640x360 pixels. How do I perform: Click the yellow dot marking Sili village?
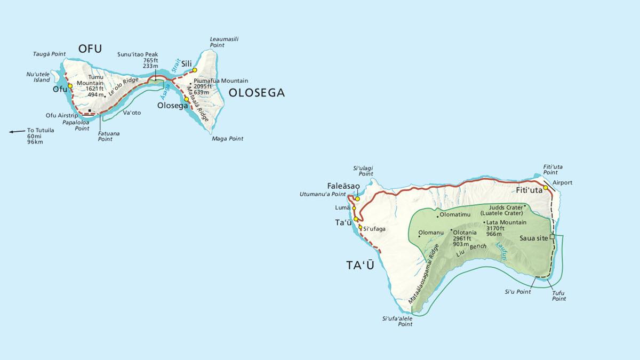[195, 70]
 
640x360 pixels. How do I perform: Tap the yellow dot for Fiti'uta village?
[546, 187]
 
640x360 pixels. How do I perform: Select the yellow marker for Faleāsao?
[357, 199]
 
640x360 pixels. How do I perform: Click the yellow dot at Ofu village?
[70, 85]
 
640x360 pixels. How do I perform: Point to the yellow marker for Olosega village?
[186, 99]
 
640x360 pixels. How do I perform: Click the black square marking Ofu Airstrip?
[90, 111]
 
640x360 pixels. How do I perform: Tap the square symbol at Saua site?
[552, 237]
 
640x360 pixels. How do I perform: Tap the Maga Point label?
[227, 139]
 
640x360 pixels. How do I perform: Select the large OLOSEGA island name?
[257, 93]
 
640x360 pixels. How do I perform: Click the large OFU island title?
[90, 49]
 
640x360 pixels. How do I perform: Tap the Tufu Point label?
[559, 296]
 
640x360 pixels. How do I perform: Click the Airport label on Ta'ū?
[562, 182]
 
